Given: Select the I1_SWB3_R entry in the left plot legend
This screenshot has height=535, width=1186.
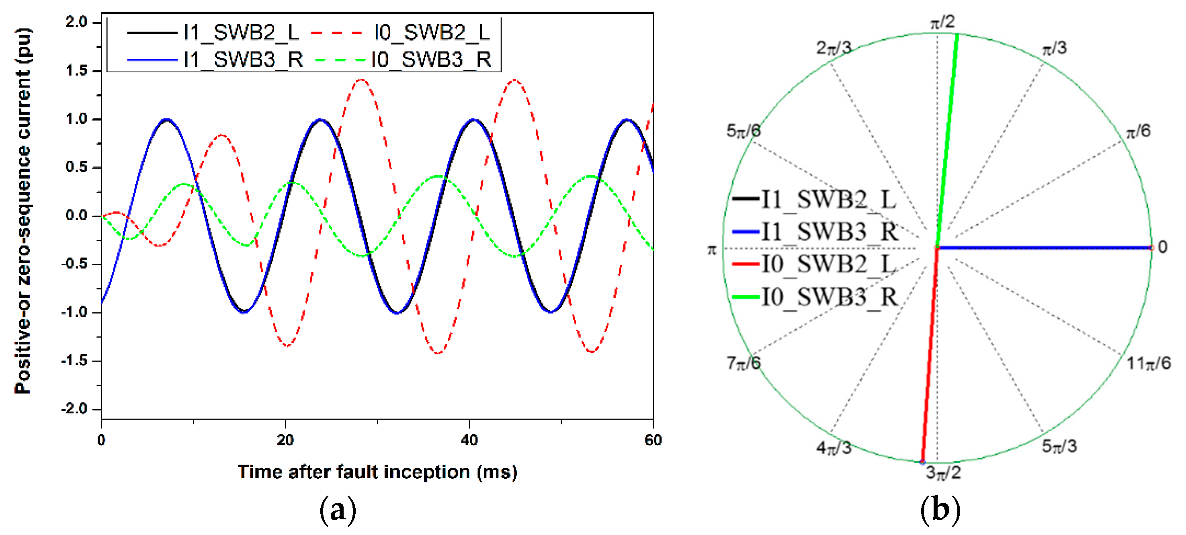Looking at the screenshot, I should coord(243,60).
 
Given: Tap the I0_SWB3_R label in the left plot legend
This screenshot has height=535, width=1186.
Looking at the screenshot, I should coord(431,60).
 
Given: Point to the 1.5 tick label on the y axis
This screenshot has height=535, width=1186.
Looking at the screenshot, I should coord(76,71).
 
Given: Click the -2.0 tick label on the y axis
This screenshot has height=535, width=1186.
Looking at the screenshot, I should coord(75,409).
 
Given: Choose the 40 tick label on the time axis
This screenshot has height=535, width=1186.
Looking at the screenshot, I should coord(469,440).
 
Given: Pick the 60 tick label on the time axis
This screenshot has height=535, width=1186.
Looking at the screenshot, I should coord(653,440).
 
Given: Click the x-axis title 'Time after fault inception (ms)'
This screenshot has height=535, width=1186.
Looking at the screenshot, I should coord(377,472).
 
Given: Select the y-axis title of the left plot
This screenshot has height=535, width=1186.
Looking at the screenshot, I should coord(23,211).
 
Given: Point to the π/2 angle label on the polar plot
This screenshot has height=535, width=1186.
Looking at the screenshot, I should coord(942,22).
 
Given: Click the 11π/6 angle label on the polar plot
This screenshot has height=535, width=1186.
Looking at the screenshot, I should coord(1148,364).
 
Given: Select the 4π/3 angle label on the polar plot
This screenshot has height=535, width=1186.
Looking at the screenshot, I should coord(834,447).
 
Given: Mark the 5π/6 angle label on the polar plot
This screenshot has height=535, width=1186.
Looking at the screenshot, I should coord(743,131).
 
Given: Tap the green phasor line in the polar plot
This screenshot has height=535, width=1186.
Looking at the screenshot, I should coord(948,138).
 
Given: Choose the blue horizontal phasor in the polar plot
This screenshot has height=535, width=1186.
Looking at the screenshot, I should coord(1045,248).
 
